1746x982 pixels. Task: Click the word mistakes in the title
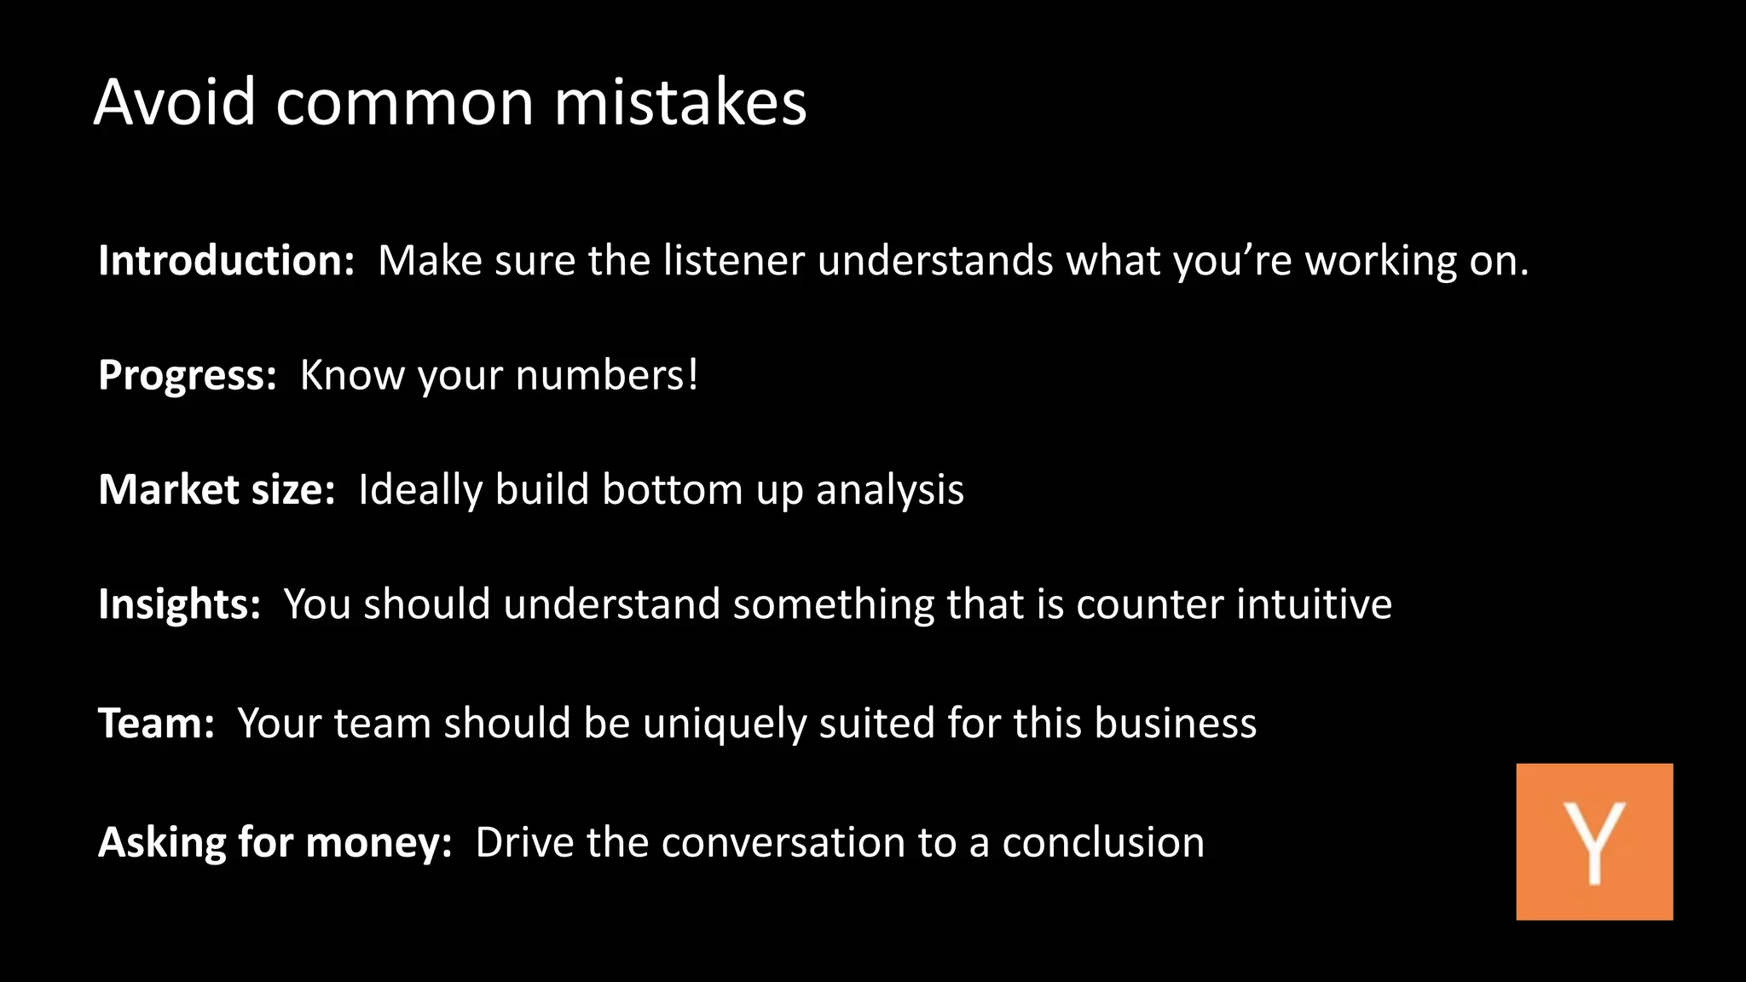tap(679, 102)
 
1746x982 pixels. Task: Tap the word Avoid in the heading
tap(175, 102)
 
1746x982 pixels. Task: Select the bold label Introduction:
tap(226, 260)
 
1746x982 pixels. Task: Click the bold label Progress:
tap(188, 375)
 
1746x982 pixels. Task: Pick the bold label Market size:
tap(217, 489)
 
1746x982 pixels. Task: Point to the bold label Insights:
tap(179, 604)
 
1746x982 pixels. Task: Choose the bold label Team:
tap(156, 723)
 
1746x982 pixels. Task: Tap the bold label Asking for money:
tap(275, 842)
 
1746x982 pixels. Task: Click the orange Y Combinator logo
tap(1594, 841)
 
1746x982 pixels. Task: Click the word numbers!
tap(606, 375)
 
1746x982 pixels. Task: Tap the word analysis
tap(889, 491)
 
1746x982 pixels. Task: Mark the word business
tap(1175, 723)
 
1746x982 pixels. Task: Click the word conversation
tap(783, 842)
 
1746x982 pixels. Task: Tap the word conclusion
tap(1103, 842)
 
